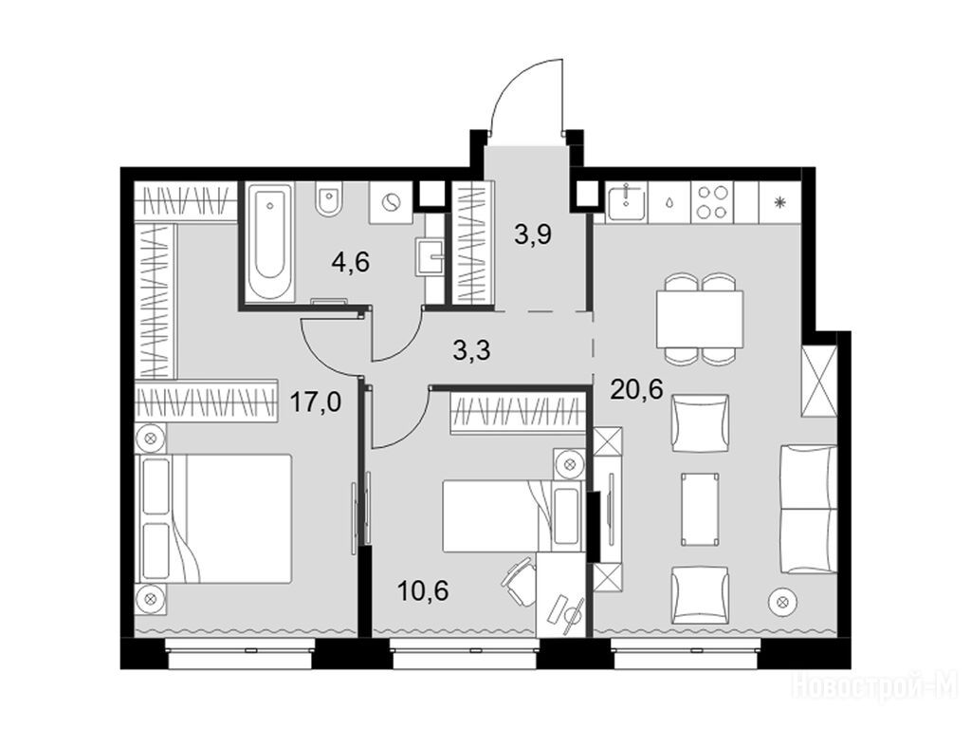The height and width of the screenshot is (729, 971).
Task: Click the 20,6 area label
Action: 636,389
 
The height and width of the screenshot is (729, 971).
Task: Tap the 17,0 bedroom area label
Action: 316,402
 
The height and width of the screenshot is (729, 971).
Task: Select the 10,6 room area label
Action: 423,590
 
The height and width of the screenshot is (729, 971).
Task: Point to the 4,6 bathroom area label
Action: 351,262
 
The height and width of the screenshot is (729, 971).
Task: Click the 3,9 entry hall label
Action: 533,234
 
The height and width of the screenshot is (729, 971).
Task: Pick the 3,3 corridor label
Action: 472,351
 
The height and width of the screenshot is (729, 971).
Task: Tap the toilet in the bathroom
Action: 328,198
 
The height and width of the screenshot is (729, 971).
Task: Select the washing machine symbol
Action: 391,203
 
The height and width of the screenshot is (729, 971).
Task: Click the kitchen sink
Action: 626,202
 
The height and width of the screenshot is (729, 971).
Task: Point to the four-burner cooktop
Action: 711,201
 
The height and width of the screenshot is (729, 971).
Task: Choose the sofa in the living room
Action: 808,510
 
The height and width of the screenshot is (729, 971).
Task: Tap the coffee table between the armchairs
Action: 700,510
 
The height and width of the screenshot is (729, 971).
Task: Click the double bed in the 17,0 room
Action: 213,518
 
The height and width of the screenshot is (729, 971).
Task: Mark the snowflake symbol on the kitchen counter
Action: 780,201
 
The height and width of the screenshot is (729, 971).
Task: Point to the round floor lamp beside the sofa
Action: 782,601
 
